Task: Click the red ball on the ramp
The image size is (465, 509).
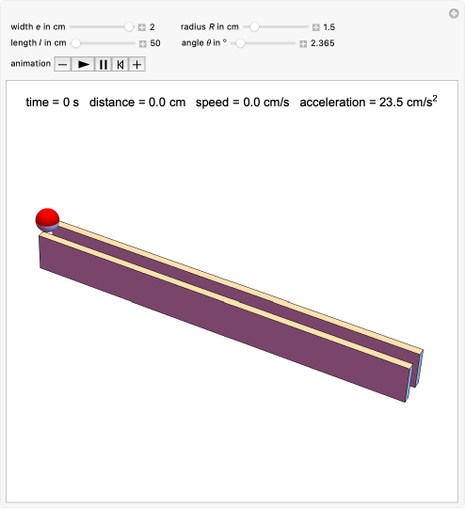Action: pos(47,220)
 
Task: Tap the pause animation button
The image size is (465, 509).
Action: pos(104,64)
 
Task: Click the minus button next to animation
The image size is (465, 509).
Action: pos(63,64)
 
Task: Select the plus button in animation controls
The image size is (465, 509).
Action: pos(137,64)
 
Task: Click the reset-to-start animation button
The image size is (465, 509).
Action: pos(120,64)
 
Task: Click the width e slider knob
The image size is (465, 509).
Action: pos(129,27)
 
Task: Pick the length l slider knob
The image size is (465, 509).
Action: pos(75,43)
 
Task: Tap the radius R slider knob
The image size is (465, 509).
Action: pos(254,27)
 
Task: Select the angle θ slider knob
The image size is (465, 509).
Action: pos(240,43)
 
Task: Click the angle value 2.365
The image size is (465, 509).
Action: pos(323,43)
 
